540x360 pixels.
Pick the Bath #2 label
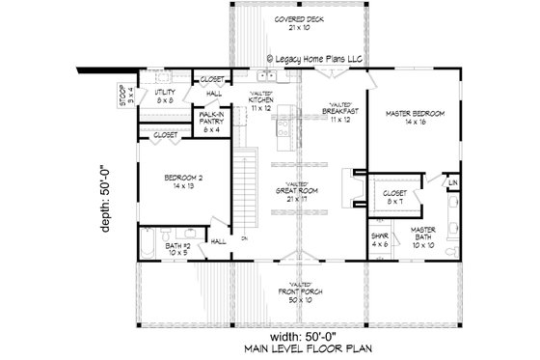[x=180, y=249]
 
